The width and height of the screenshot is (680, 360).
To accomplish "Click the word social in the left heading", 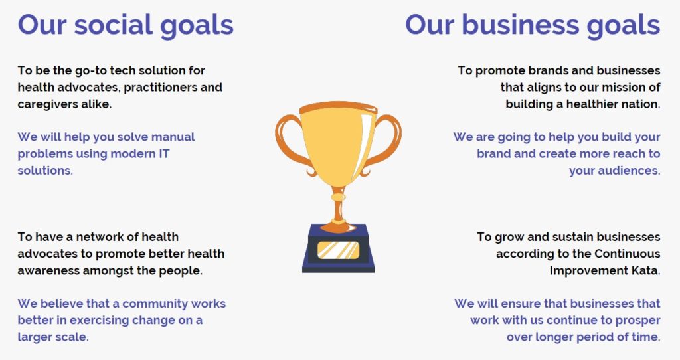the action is click(x=114, y=25).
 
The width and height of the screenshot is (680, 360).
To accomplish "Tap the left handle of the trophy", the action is click(x=292, y=142).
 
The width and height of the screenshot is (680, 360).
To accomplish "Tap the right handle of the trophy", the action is click(x=384, y=142).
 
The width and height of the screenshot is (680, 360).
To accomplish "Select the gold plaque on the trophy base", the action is click(x=338, y=250).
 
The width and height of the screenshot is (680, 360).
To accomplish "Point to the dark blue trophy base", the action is click(x=338, y=248).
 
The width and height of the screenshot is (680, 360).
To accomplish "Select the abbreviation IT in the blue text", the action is click(x=165, y=154).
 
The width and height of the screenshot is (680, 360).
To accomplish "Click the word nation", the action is click(x=643, y=104).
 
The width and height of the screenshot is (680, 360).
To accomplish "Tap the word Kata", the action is click(x=647, y=270).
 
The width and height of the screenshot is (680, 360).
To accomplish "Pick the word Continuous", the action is click(x=628, y=254).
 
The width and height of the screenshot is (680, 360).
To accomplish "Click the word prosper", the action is click(x=637, y=321).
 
